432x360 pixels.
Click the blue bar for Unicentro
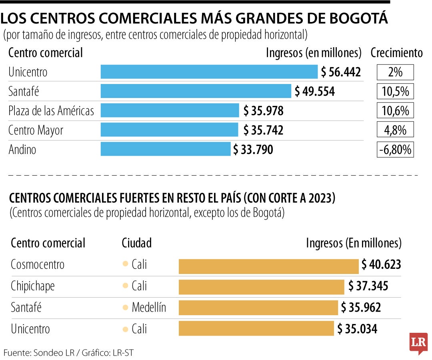click(x=209, y=72)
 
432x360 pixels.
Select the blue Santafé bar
click(x=196, y=91)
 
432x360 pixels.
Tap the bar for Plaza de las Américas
click(x=170, y=110)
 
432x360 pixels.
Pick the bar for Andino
click(x=165, y=150)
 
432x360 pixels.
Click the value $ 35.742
click(x=263, y=130)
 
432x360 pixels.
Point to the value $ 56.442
click(x=341, y=72)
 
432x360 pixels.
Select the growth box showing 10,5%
click(x=395, y=92)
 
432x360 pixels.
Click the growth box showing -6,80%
click(x=395, y=150)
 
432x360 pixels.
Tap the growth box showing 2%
click(x=395, y=72)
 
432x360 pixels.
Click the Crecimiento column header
click(x=396, y=53)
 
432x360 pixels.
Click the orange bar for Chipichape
click(x=261, y=286)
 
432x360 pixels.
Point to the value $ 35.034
click(x=357, y=329)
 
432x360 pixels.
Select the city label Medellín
click(x=149, y=308)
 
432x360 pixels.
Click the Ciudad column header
click(x=137, y=243)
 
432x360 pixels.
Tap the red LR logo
click(x=418, y=342)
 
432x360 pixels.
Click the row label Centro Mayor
click(x=36, y=130)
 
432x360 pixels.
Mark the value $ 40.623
click(x=381, y=265)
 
